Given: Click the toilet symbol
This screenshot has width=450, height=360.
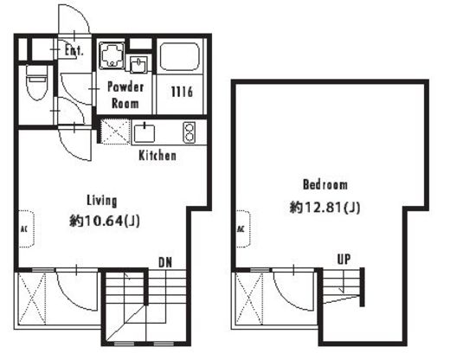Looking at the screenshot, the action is (x=36, y=82).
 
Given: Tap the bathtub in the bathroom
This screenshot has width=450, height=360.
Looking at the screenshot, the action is (x=180, y=57).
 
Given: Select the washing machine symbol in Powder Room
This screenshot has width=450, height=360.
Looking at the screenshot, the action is (x=112, y=55).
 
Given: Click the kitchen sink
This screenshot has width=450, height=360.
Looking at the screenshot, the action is (x=145, y=133).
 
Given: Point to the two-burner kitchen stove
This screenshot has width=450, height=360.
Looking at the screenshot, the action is (x=190, y=132).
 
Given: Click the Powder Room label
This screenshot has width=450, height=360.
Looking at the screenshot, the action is (x=125, y=95).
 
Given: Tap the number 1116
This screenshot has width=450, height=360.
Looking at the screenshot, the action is (x=182, y=92).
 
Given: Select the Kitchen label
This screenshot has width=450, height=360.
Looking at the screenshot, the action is (x=157, y=156).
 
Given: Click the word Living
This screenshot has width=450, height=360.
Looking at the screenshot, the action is (x=102, y=201).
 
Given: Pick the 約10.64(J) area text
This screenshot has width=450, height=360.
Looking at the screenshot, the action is (x=105, y=222).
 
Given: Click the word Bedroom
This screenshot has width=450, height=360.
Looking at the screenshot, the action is (x=325, y=184).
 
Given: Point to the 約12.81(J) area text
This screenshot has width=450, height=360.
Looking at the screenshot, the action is (x=325, y=208).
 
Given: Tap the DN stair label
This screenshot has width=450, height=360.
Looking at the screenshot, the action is (x=165, y=262).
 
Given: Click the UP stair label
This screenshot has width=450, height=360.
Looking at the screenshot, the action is (x=344, y=260).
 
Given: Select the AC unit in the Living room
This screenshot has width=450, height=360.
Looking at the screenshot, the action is (x=27, y=229).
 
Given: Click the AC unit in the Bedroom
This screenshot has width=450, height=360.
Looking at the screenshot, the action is (x=243, y=229).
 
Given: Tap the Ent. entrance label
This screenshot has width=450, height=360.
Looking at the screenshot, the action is (x=74, y=51).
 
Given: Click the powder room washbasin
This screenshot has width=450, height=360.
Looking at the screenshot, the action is (x=138, y=63).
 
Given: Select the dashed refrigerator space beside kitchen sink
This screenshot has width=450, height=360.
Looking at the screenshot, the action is (x=115, y=132).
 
